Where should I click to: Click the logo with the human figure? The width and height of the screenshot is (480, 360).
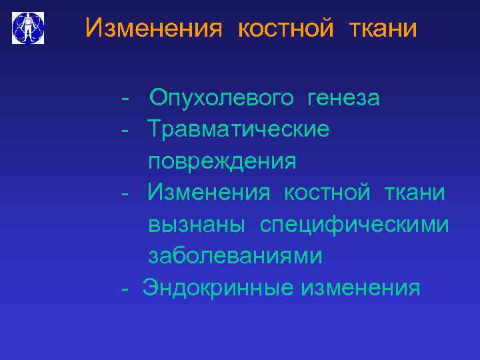pyautogui.click(x=29, y=27)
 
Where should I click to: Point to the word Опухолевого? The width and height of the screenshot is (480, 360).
pyautogui.click(x=221, y=99)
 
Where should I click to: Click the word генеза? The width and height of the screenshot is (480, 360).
pyautogui.click(x=343, y=99)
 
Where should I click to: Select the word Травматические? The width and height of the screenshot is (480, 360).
pyautogui.click(x=238, y=129)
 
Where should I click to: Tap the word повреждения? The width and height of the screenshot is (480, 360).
pyautogui.click(x=222, y=161)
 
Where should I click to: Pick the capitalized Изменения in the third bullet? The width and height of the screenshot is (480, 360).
pyautogui.click(x=209, y=193)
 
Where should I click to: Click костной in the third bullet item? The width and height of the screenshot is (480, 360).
pyautogui.click(x=327, y=193)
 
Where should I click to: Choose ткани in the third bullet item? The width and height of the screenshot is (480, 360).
pyautogui.click(x=414, y=193)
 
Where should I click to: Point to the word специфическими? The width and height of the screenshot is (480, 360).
pyautogui.click(x=354, y=225)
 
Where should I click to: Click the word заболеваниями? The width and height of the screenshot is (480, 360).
pyautogui.click(x=235, y=256)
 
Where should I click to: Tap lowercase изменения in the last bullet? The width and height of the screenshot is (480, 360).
pyautogui.click(x=361, y=287)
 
